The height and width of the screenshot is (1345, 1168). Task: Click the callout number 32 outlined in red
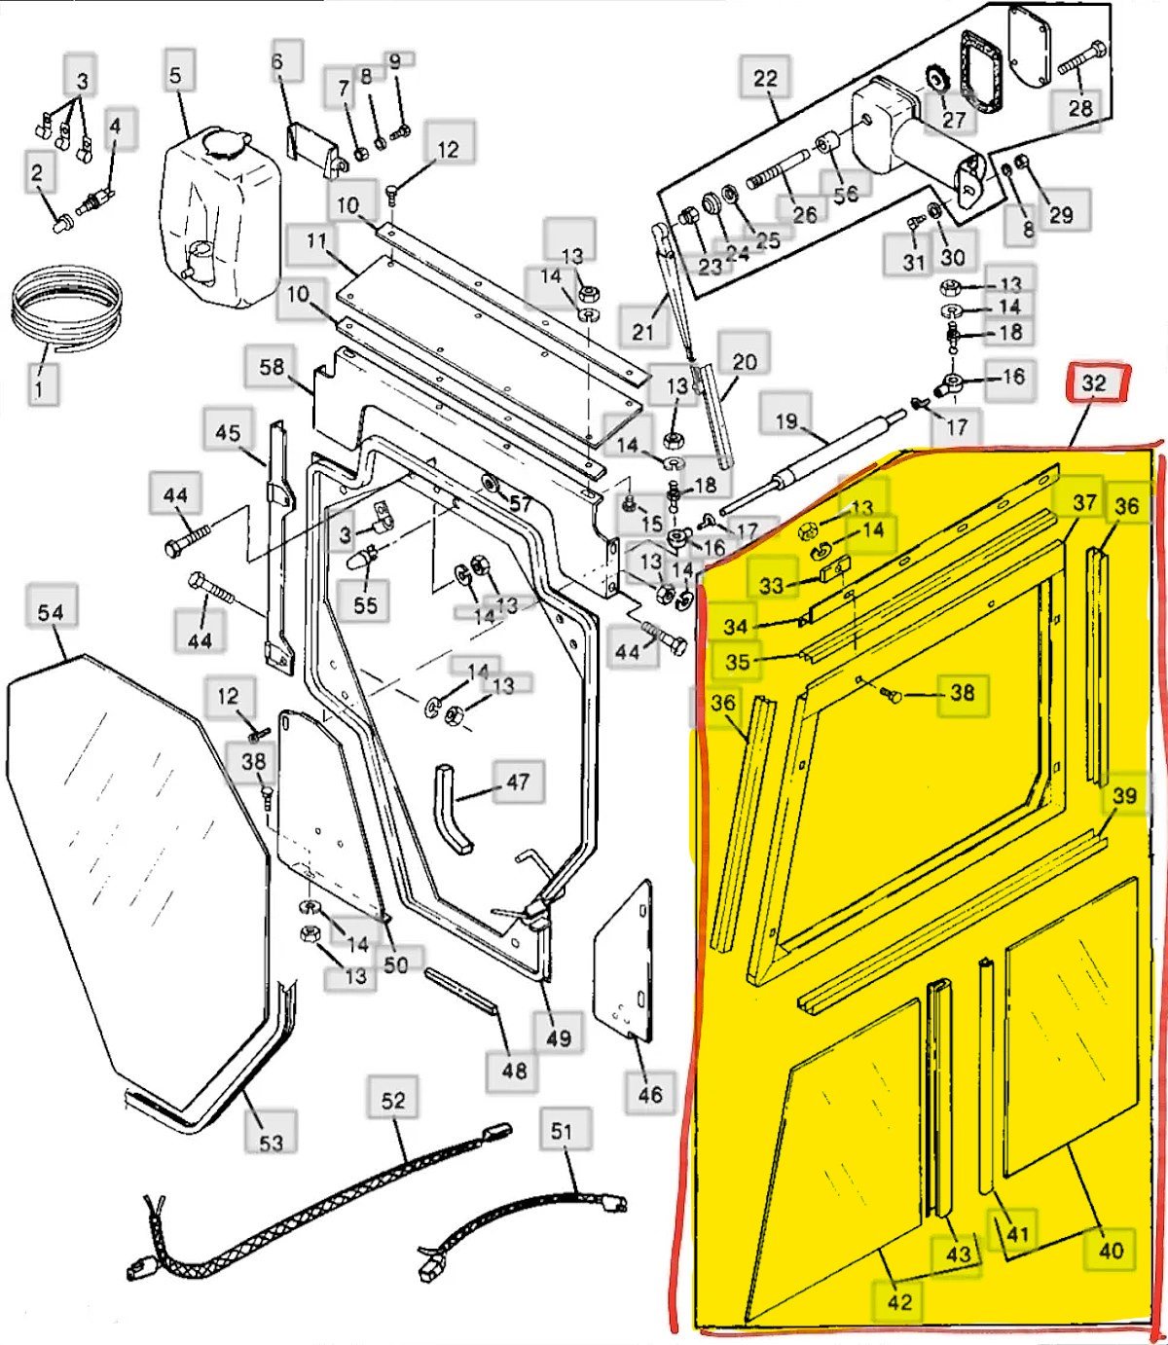[x=1094, y=382]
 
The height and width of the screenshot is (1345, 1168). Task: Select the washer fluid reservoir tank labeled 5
[x=220, y=216]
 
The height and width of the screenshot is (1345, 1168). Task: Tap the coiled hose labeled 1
[x=66, y=311]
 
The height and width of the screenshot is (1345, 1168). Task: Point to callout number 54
[x=51, y=613]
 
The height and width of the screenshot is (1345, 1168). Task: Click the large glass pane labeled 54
[x=138, y=868]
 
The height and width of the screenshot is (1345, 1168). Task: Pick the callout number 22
[x=766, y=79]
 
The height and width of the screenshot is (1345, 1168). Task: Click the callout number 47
[x=517, y=782]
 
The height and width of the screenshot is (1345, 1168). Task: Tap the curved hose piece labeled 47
[x=454, y=809]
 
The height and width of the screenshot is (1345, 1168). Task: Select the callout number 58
[x=272, y=367]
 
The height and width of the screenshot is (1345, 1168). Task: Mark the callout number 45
[x=228, y=433]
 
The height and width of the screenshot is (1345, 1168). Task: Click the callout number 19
[x=786, y=420]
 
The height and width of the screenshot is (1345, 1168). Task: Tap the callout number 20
[x=744, y=361]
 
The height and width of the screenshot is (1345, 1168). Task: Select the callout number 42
[x=899, y=1301]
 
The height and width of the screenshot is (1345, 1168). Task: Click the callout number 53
[x=271, y=1143]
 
